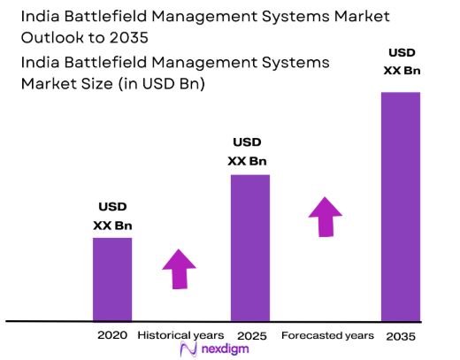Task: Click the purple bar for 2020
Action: pyautogui.click(x=112, y=279)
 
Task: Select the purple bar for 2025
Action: pyautogui.click(x=250, y=247)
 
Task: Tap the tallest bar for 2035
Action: pyautogui.click(x=400, y=205)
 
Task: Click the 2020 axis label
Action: pyautogui.click(x=112, y=336)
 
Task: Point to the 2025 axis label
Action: pyautogui.click(x=252, y=336)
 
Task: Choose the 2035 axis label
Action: pyautogui.click(x=400, y=337)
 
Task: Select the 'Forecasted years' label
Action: pyautogui.click(x=328, y=336)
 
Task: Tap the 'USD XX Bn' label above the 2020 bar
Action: pyautogui.click(x=112, y=216)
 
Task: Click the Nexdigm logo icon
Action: pyautogui.click(x=187, y=350)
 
